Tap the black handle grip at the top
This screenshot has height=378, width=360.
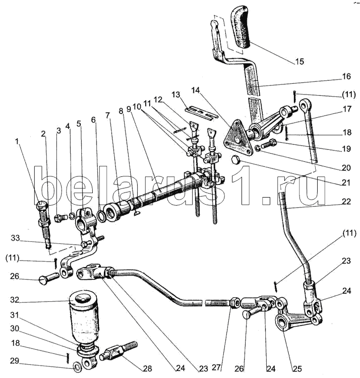tap(241, 28)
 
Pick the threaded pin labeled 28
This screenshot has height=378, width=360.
tap(121, 351)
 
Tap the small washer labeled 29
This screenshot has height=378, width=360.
tap(77, 365)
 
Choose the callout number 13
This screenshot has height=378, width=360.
tap(175, 94)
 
